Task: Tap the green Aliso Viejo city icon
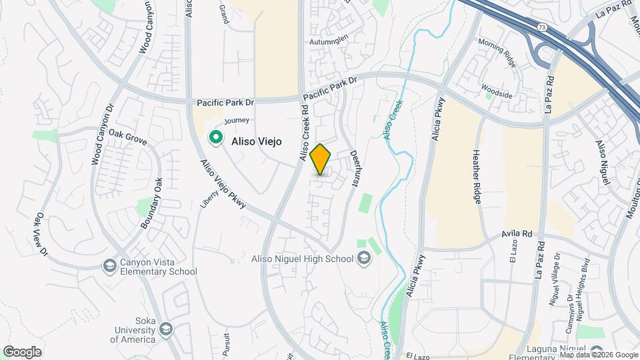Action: click(x=216, y=138)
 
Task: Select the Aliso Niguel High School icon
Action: click(x=364, y=259)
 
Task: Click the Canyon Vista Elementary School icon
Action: click(x=109, y=266)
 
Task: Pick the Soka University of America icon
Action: click(x=165, y=328)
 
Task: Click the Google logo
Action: click(x=22, y=351)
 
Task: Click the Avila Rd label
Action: click(x=518, y=235)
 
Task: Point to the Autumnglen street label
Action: click(x=329, y=41)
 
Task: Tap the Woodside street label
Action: click(x=498, y=95)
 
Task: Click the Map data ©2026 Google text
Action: click(x=598, y=355)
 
